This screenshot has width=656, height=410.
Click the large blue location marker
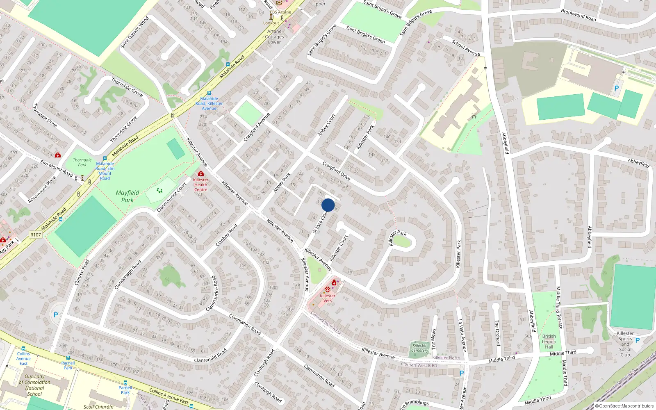tap(328, 205)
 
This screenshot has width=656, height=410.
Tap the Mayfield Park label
tap(128, 196)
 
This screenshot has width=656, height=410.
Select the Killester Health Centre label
tap(200, 184)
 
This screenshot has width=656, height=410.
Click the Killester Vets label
tap(328, 298)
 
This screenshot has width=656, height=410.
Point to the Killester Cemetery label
tap(419, 348)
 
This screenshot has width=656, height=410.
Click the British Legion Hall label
tap(549, 342)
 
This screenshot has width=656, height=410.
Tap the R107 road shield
tap(36, 235)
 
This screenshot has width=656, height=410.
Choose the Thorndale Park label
tap(82, 162)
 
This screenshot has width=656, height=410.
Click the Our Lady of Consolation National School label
tap(34, 385)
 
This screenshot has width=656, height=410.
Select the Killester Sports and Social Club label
tap(625, 344)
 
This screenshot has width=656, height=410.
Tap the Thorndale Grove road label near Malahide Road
tap(123, 129)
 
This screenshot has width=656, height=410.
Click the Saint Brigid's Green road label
tap(365, 34)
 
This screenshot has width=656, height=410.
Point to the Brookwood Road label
tap(579, 15)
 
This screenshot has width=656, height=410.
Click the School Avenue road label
tap(465, 48)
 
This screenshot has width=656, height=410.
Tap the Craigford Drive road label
tap(336, 171)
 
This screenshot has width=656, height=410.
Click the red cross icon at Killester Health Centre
tap(200, 174)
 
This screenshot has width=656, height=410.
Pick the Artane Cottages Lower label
tap(274, 36)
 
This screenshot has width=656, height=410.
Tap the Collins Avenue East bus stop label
tap(23, 358)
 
